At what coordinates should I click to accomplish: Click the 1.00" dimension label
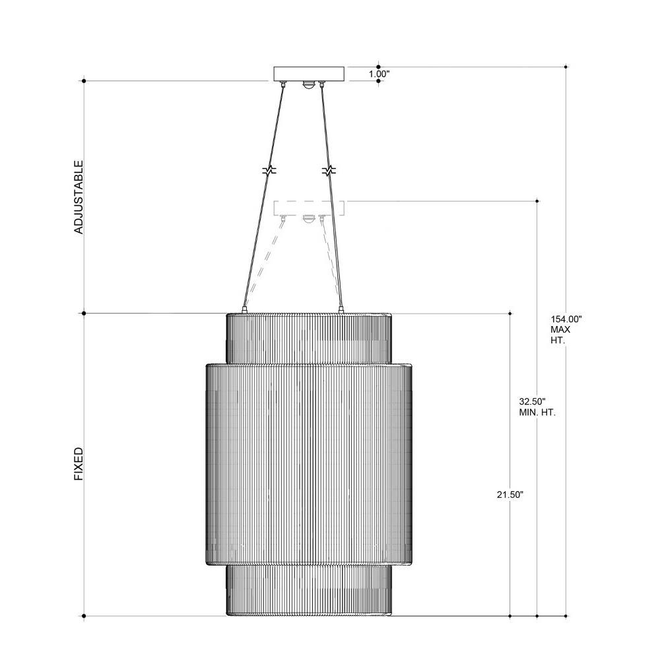[x=379, y=74]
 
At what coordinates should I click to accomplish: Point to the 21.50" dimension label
[x=510, y=495]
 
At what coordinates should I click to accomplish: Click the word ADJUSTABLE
[x=79, y=197]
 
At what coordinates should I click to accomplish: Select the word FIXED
[x=79, y=464]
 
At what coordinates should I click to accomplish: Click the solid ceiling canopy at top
[x=309, y=74]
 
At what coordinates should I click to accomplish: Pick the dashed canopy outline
[x=309, y=208]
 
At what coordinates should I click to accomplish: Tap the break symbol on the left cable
[x=269, y=170]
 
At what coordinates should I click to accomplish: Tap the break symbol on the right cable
[x=329, y=170]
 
